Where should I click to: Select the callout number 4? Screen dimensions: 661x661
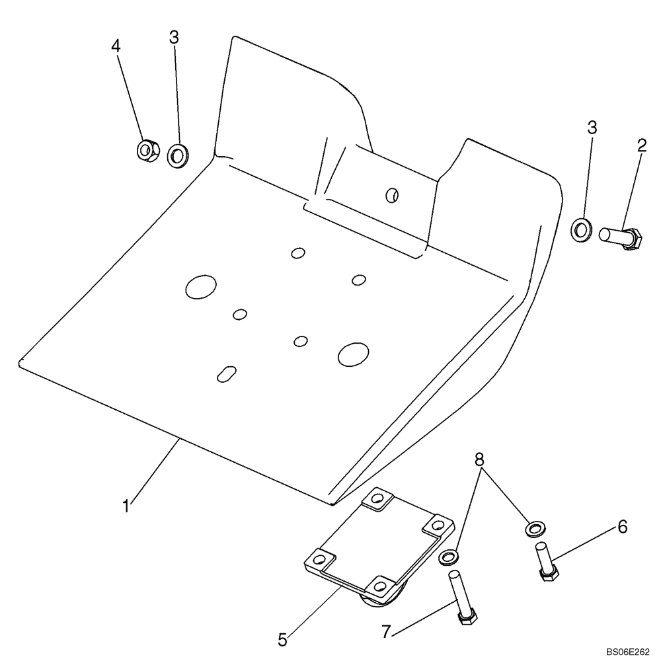click(116, 46)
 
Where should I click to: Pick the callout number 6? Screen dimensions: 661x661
click(621, 527)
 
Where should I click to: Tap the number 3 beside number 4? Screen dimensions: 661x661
click(174, 38)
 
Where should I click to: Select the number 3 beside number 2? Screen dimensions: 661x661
click(592, 127)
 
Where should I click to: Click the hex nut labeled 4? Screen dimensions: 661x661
click(145, 150)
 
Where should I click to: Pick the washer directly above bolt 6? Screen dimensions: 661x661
click(533, 528)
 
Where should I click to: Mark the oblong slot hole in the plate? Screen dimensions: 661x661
click(227, 373)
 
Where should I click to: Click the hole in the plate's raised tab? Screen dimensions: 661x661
click(392, 194)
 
